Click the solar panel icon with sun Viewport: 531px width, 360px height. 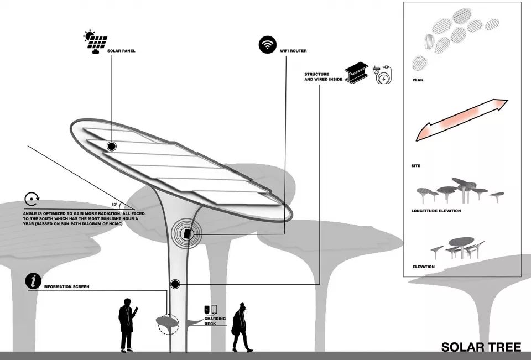pyautogui.click(x=95, y=42)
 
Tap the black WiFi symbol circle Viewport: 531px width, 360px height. pyautogui.click(x=268, y=45)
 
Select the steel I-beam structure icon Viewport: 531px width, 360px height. pyautogui.click(x=356, y=73)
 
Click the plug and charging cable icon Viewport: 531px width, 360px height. pyautogui.click(x=383, y=75)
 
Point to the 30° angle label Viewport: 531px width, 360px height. pyautogui.click(x=114, y=205)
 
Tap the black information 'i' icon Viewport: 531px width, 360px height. pyautogui.click(x=33, y=281)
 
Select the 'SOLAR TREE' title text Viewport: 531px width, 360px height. pyautogui.click(x=481, y=347)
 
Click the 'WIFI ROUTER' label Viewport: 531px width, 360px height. pyautogui.click(x=293, y=51)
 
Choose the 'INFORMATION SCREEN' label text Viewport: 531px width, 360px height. pyautogui.click(x=66, y=287)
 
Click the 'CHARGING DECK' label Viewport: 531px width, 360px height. pyautogui.click(x=215, y=321)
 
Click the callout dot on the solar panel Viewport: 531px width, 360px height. pyautogui.click(x=112, y=147)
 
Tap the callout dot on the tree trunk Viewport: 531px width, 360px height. pyautogui.click(x=175, y=284)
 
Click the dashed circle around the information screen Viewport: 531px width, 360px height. pyautogui.click(x=168, y=325)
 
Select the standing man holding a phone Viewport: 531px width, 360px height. pyautogui.click(x=128, y=325)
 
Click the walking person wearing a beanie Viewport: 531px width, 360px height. pyautogui.click(x=241, y=327)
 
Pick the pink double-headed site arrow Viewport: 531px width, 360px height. pyautogui.click(x=461, y=120)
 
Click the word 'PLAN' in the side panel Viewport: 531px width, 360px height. pyautogui.click(x=418, y=80)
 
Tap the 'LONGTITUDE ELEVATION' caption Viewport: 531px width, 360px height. pyautogui.click(x=436, y=211)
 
